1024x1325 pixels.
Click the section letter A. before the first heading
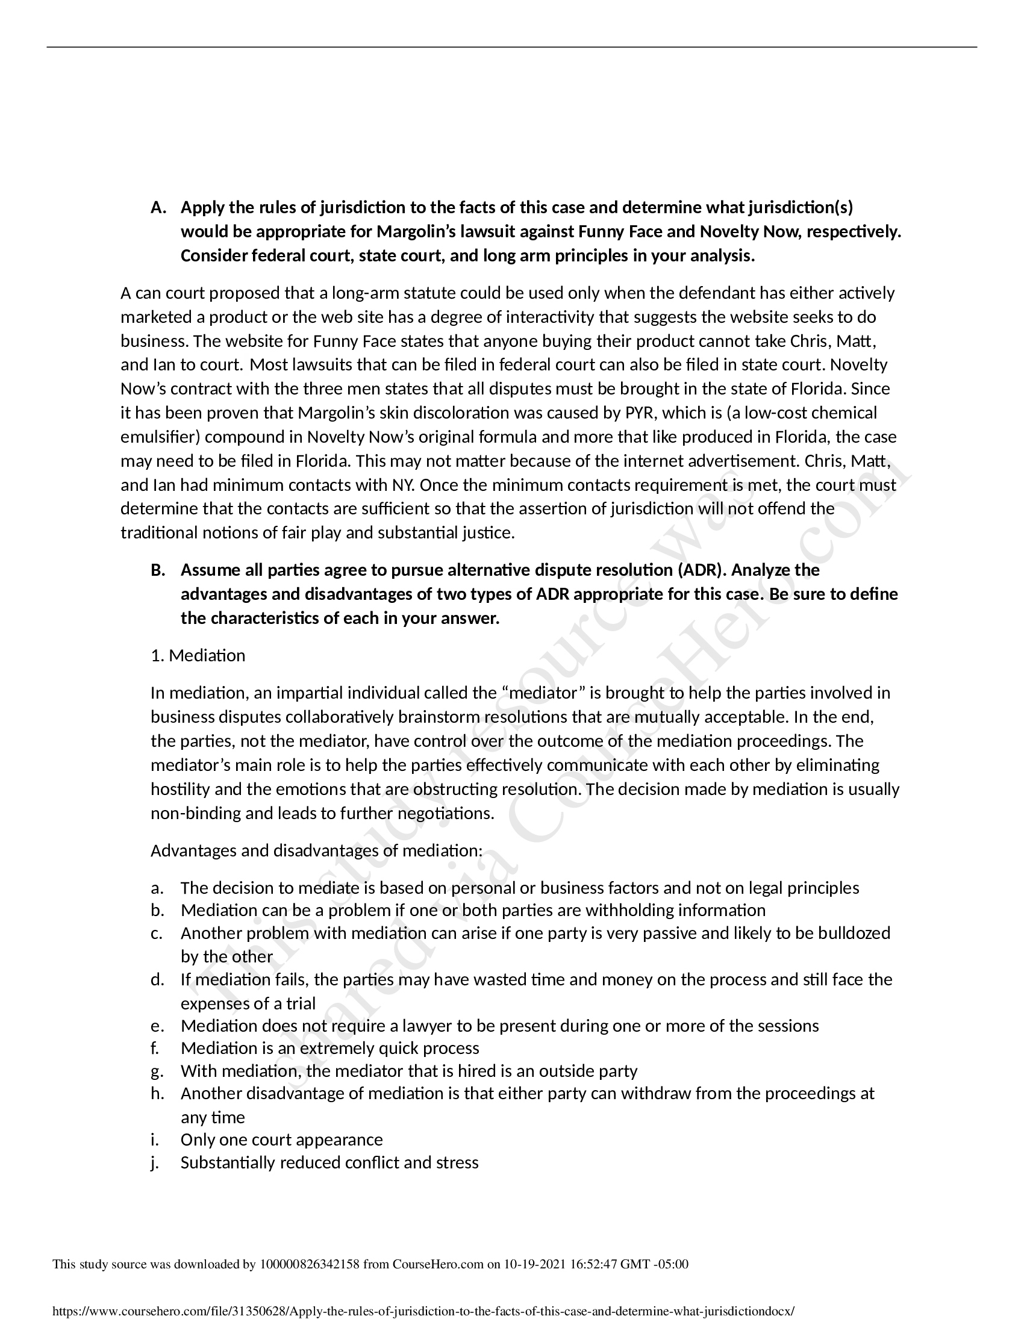158,208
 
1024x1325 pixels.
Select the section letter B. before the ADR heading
158,570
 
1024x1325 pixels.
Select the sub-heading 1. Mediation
198,656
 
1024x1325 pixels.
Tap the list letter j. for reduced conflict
154,1162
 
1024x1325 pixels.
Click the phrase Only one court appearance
281,1139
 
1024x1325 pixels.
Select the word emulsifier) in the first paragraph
161,437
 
